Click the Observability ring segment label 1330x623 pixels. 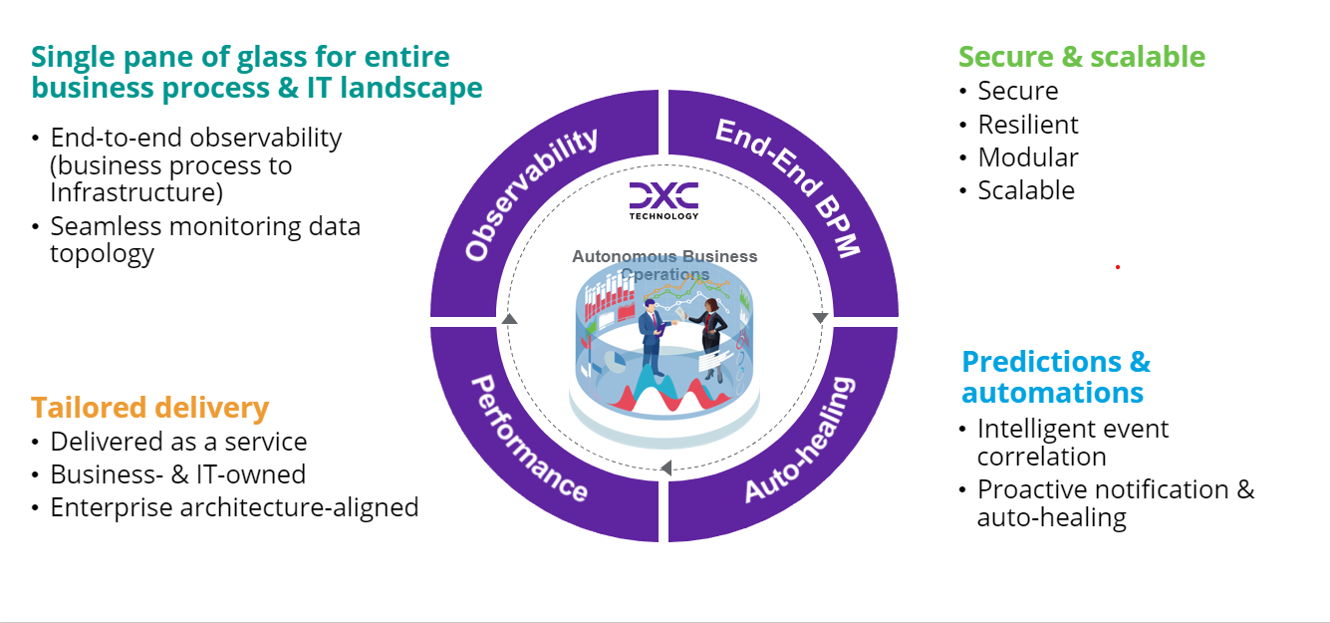click(532, 195)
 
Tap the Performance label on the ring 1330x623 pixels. click(528, 439)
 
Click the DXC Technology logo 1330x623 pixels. click(664, 200)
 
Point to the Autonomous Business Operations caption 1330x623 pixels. click(665, 265)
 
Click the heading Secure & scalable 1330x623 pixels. click(1081, 57)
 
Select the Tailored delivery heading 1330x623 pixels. click(149, 408)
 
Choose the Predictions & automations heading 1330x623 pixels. click(1056, 376)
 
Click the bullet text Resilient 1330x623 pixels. click(1027, 125)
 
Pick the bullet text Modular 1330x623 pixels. click(1027, 157)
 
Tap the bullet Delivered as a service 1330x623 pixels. click(178, 442)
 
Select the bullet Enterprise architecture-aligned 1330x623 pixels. click(234, 507)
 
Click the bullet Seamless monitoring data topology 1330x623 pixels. click(205, 239)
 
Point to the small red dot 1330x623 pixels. click(1117, 267)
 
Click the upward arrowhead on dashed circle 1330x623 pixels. click(510, 319)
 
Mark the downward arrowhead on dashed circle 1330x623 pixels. click(820, 318)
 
